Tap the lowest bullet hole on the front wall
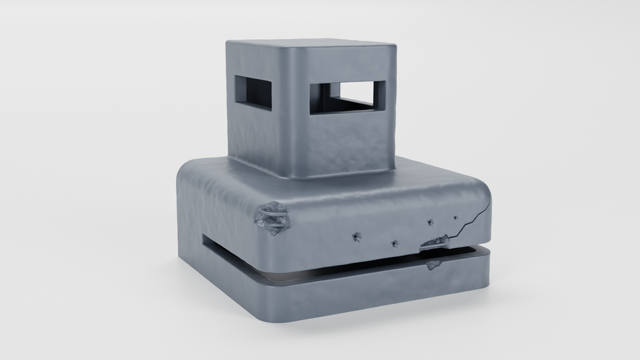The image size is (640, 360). click(394, 242)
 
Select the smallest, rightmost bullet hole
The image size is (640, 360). click(455, 218)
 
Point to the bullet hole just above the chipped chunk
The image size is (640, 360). click(430, 222)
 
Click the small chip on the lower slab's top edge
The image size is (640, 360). click(433, 264)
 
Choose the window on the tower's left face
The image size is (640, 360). click(253, 92)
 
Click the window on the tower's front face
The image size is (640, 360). click(347, 96)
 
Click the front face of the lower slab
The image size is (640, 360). click(377, 290)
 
